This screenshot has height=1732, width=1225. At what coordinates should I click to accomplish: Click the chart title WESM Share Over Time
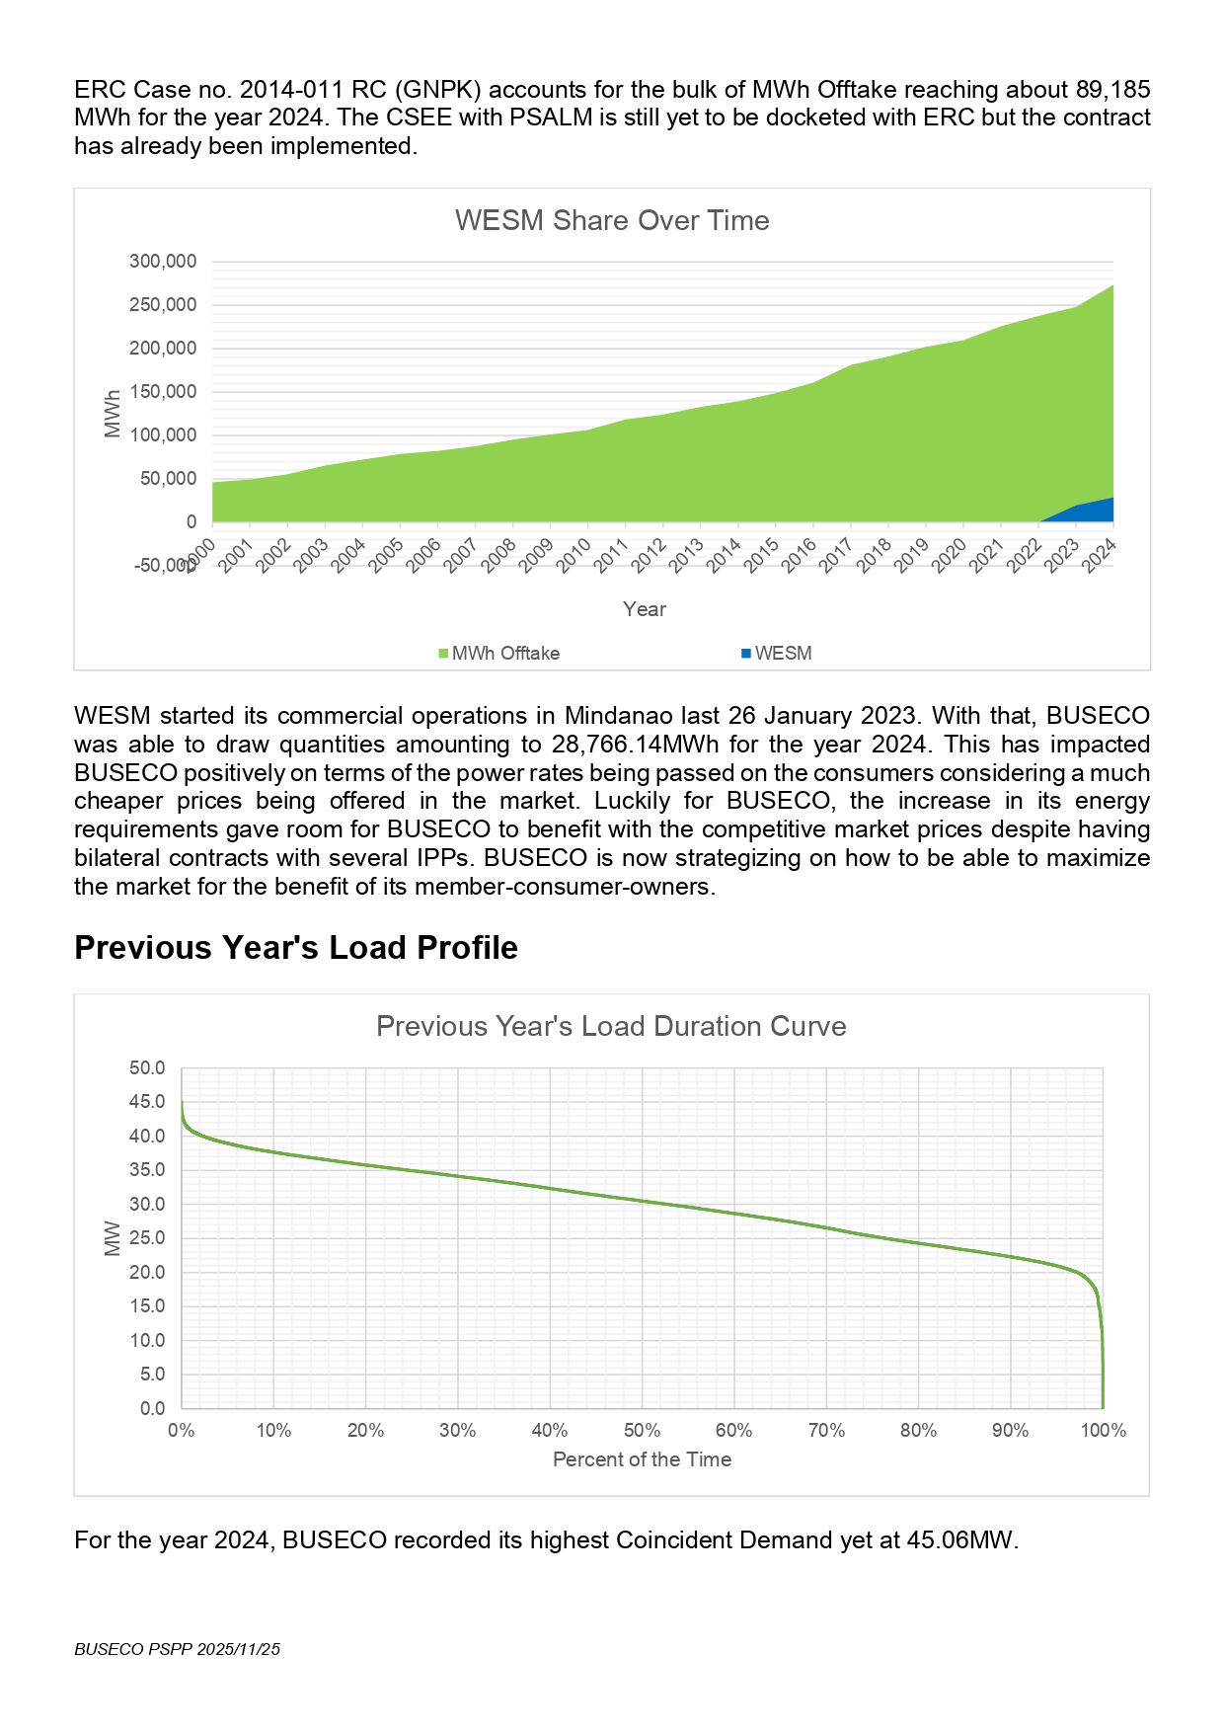click(612, 220)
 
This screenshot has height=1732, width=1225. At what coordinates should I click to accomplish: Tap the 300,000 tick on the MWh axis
click(163, 262)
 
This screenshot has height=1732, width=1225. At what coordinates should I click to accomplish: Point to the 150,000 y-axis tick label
click(163, 392)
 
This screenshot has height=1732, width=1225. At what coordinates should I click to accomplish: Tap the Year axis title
click(645, 609)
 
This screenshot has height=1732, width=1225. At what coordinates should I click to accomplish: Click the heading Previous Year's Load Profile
click(296, 948)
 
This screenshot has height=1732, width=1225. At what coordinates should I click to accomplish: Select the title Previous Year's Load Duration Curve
click(611, 1027)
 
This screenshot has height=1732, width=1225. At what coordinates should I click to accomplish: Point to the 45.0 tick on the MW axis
click(147, 1102)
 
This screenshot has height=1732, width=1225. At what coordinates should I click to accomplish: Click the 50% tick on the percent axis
click(642, 1431)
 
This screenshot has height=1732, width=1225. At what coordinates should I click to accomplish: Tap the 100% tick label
click(1103, 1431)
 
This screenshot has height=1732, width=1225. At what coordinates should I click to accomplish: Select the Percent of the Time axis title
click(642, 1459)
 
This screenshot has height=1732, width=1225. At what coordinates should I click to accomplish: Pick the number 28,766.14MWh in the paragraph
click(642, 745)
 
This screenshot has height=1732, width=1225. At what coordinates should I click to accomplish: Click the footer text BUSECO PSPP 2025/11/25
click(178, 1649)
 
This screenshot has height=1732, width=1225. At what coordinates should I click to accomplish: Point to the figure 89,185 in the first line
click(1112, 90)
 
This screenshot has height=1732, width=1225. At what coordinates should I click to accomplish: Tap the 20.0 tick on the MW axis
click(147, 1273)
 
